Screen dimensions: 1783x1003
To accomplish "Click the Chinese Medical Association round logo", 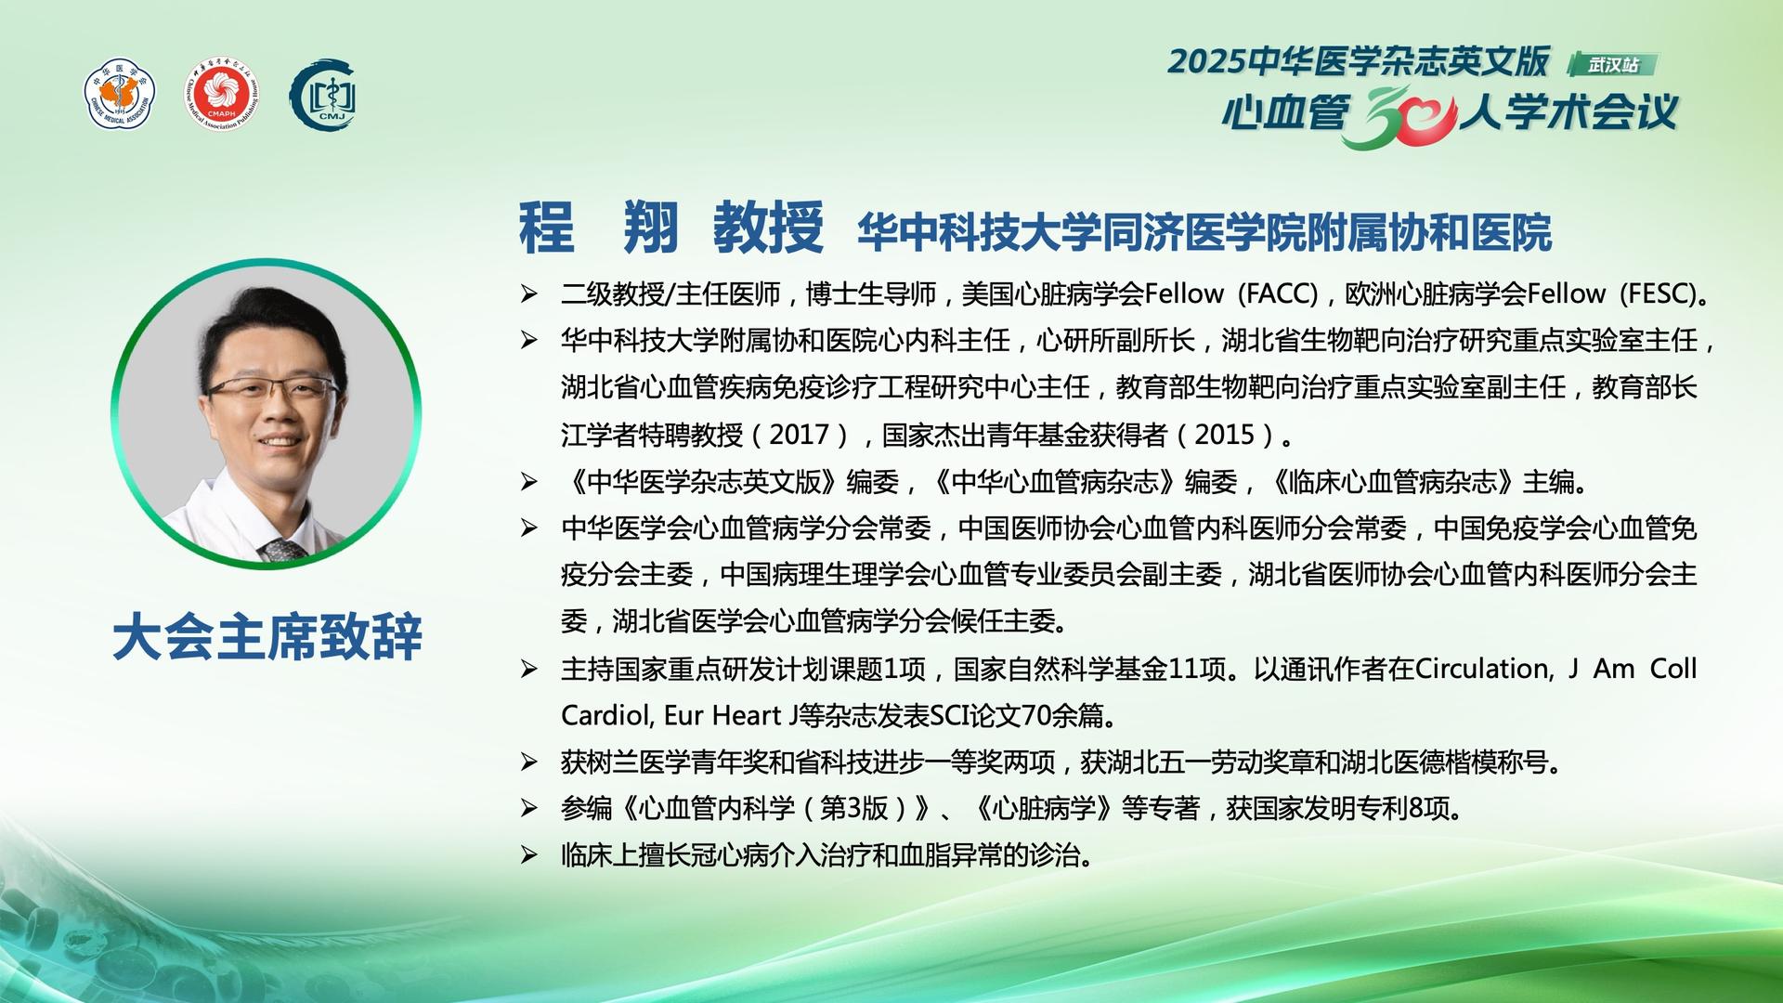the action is (x=121, y=96).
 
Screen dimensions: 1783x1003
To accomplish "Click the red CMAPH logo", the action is (x=221, y=96).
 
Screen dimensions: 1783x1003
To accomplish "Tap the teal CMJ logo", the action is (x=323, y=96).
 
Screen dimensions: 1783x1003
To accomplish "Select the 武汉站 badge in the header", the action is (x=1613, y=65).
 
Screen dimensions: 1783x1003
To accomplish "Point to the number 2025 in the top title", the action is (x=1205, y=61).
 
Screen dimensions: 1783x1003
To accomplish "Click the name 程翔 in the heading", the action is (x=599, y=227).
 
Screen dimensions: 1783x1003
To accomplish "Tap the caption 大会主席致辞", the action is (x=267, y=637).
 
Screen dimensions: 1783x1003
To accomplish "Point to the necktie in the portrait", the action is (x=281, y=550).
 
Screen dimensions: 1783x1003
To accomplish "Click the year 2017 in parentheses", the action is (x=799, y=435).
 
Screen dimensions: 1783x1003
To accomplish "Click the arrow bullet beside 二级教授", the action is (x=528, y=294).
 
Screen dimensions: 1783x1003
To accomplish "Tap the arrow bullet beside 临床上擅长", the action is (x=528, y=855).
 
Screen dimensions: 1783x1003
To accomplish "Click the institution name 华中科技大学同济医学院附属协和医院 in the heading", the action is (x=1204, y=232).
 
